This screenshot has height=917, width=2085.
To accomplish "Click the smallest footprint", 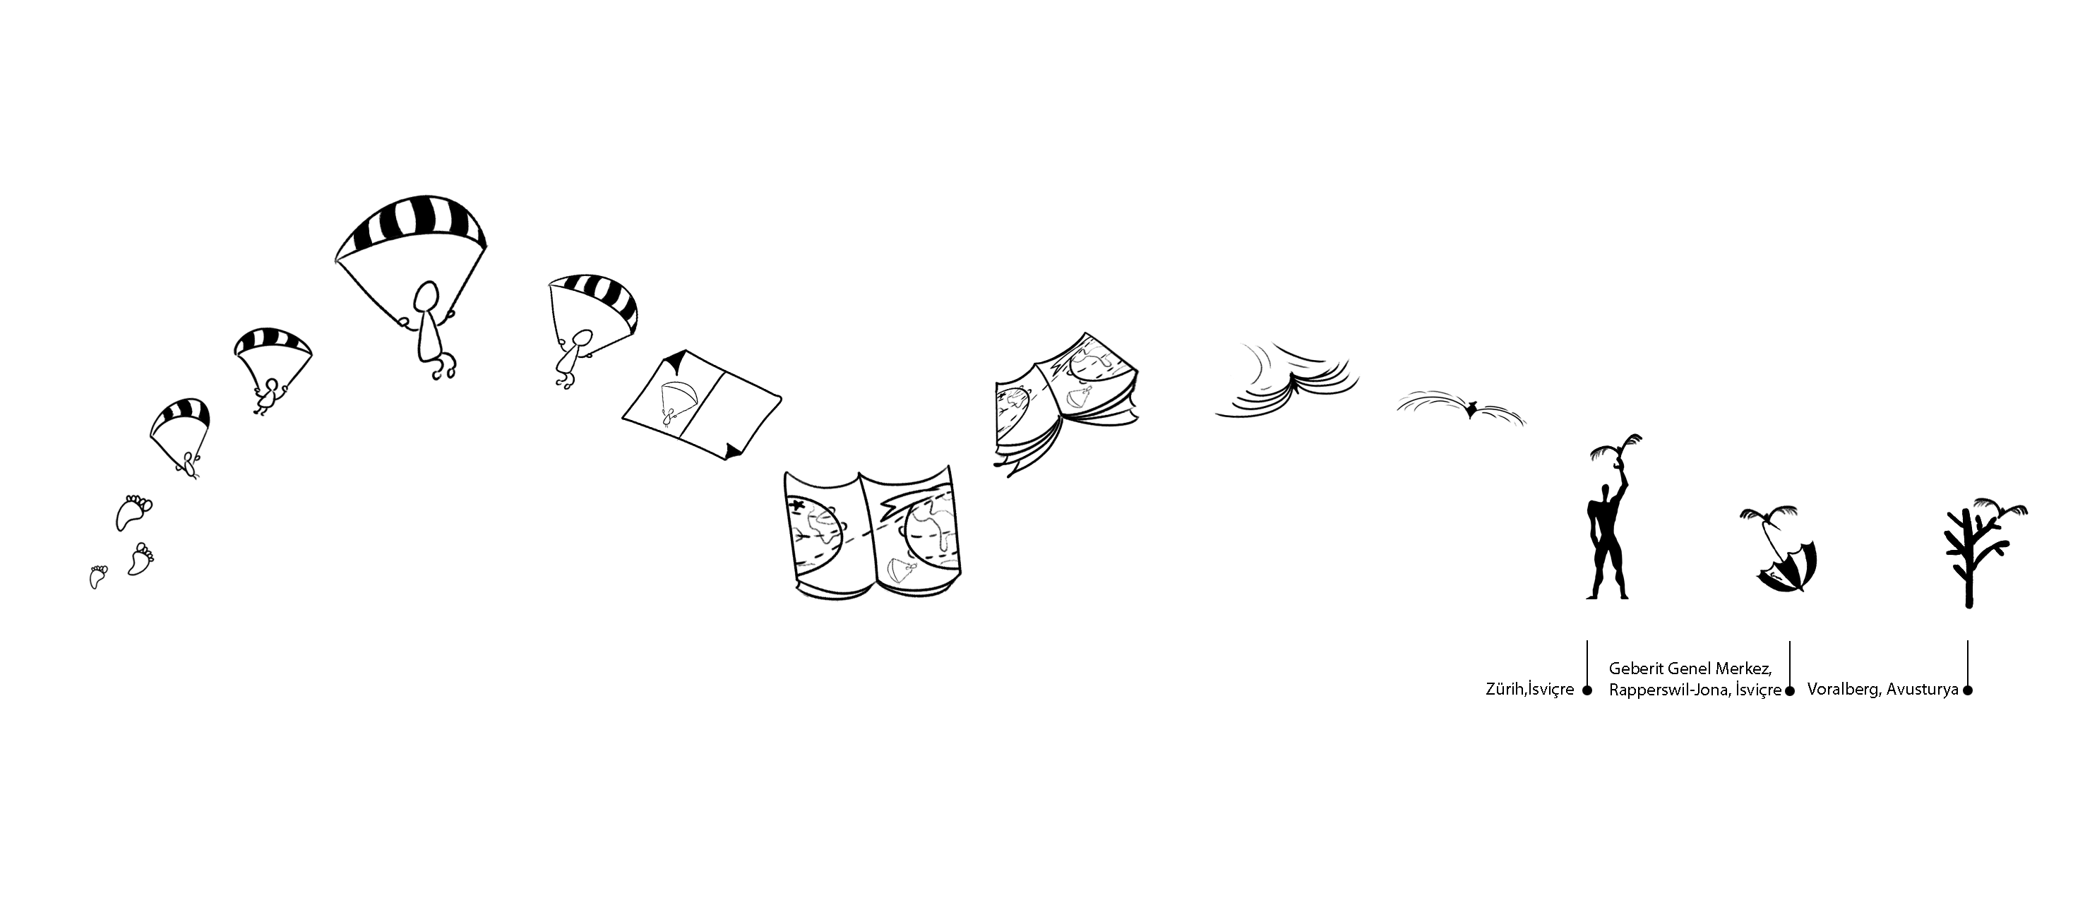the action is point(99,576).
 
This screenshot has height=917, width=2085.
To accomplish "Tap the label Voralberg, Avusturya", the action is point(1882,690).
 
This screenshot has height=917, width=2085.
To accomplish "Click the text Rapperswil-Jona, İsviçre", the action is point(1695,690).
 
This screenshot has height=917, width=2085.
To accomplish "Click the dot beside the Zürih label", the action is point(1587,690).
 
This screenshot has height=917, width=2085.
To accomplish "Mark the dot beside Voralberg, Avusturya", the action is point(1968,690).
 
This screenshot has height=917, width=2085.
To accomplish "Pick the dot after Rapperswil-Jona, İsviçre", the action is point(1790,690).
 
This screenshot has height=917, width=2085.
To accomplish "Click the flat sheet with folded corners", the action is point(702,404).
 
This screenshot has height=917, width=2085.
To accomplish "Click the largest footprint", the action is point(133,513).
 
